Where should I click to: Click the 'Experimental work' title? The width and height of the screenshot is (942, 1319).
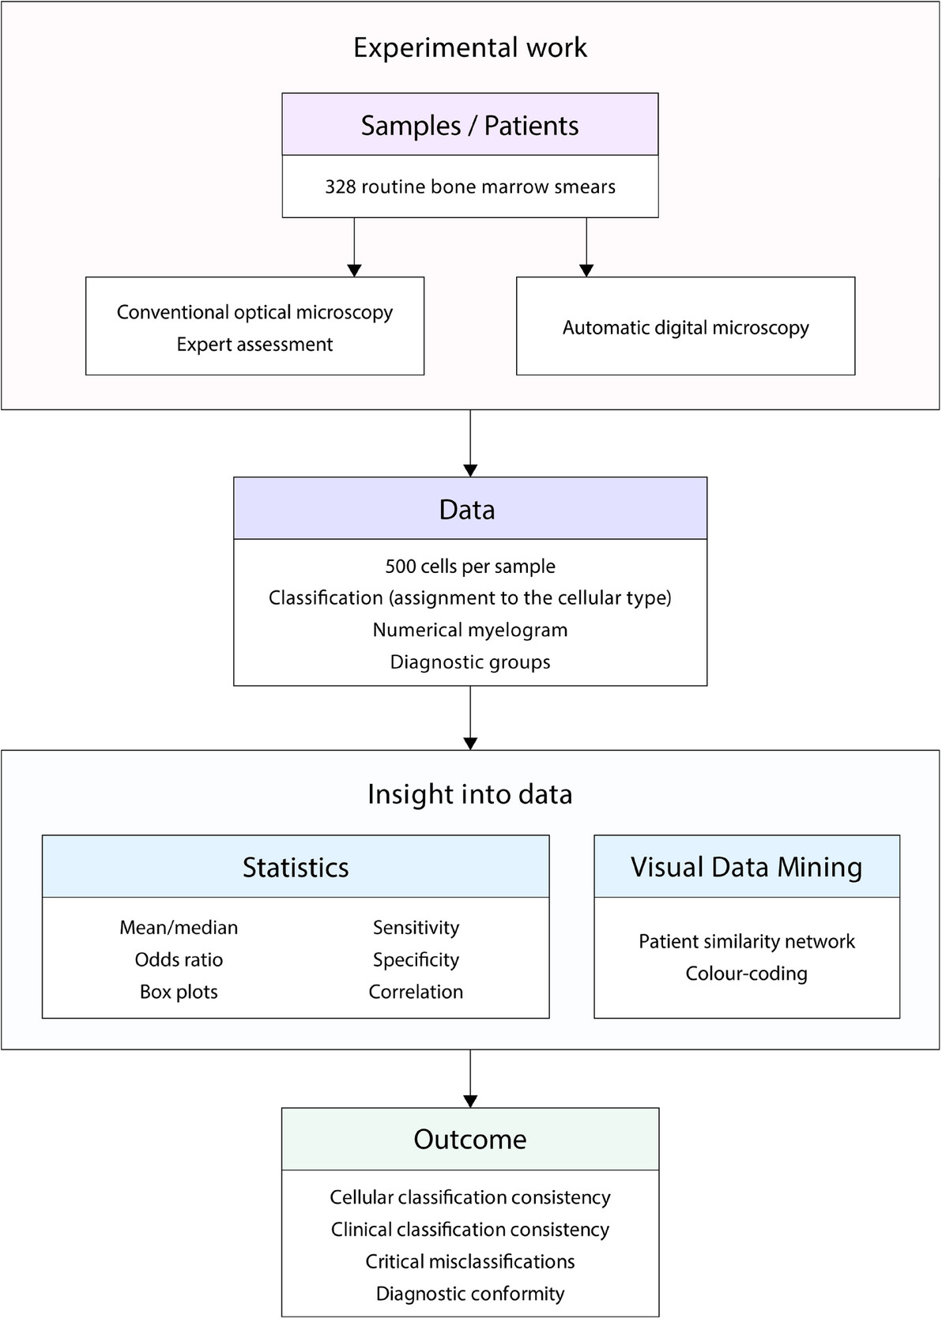tap(470, 47)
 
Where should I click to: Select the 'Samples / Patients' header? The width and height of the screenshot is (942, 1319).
tap(470, 126)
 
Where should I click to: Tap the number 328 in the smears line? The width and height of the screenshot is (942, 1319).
tap(341, 187)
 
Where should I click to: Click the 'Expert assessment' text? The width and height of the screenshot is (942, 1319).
tap(254, 345)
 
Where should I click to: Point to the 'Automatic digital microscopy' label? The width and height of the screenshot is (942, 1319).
tap(685, 328)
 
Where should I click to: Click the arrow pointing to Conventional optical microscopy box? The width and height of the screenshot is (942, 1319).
tap(354, 247)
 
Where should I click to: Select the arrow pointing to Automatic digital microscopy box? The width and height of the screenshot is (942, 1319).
tap(586, 247)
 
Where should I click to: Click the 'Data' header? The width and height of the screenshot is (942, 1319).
tap(467, 510)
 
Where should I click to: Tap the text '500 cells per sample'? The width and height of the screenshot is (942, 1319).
tap(470, 567)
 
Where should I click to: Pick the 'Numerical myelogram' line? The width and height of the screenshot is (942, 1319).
tap(470, 630)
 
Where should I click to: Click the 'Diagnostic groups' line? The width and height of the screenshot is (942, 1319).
tap(470, 661)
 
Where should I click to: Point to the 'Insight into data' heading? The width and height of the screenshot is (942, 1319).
tap(470, 794)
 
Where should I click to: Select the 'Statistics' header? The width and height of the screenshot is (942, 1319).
tap(296, 868)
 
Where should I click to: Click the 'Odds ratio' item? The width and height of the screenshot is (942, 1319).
tap(179, 959)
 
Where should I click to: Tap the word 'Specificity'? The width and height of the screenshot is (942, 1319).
tap(416, 960)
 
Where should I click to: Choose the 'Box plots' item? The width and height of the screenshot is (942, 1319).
tap(179, 992)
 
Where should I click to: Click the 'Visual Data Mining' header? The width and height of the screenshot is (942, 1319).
tap(747, 868)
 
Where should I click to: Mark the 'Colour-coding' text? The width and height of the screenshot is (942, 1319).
tap(747, 974)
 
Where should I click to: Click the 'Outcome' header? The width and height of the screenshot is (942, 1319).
tap(470, 1139)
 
